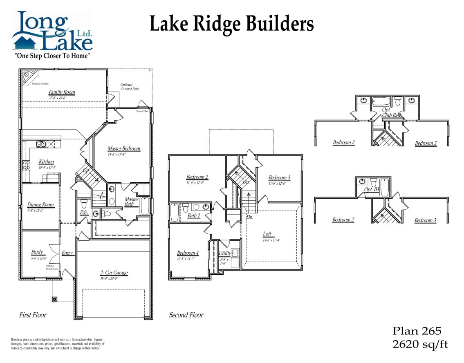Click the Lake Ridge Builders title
point(231,23)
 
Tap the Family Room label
point(62,92)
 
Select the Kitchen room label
point(46,162)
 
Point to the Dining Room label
point(40,205)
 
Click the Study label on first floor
point(37,252)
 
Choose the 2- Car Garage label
point(114,273)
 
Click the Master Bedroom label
point(123,149)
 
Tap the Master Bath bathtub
point(145,206)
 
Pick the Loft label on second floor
point(267,234)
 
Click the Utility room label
point(224,253)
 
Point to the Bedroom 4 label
point(188,253)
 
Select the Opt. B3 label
point(371,190)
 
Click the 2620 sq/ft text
point(420,344)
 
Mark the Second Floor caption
point(186,315)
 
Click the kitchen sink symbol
point(40,144)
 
